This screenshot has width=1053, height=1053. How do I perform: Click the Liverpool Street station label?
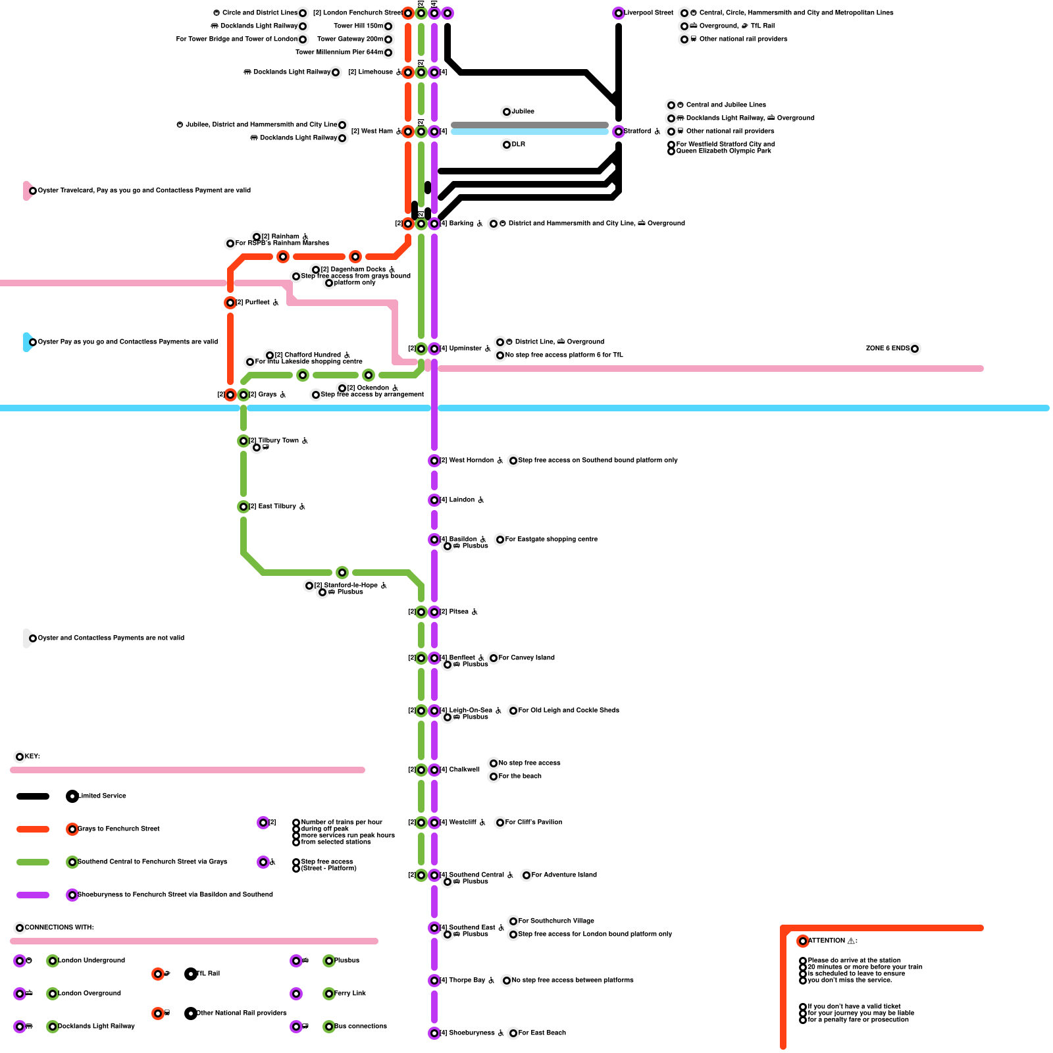click(648, 13)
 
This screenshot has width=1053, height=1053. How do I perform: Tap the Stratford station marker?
click(619, 132)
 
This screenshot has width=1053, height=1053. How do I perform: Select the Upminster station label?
click(465, 349)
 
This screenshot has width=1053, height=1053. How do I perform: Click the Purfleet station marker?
click(230, 303)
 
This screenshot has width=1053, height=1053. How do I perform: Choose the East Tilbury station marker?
click(244, 507)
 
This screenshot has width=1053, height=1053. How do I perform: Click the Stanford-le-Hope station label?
click(351, 586)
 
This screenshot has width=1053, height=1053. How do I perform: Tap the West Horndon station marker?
click(434, 461)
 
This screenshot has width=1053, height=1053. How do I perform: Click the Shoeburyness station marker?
click(434, 1033)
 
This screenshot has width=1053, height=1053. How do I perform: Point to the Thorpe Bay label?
click(467, 981)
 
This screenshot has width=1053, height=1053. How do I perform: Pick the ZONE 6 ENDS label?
click(887, 349)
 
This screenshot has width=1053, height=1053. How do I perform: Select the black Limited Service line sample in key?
click(33, 796)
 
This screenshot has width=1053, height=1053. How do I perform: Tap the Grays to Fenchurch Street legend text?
click(118, 829)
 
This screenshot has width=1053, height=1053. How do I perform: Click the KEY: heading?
click(32, 757)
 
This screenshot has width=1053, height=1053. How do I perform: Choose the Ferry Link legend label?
click(349, 994)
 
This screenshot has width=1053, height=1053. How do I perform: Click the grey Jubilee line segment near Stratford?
click(530, 125)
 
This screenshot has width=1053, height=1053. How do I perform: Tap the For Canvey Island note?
click(526, 658)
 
